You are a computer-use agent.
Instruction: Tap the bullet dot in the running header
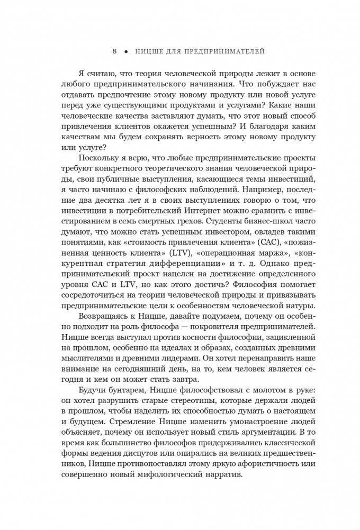[x=126, y=52]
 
